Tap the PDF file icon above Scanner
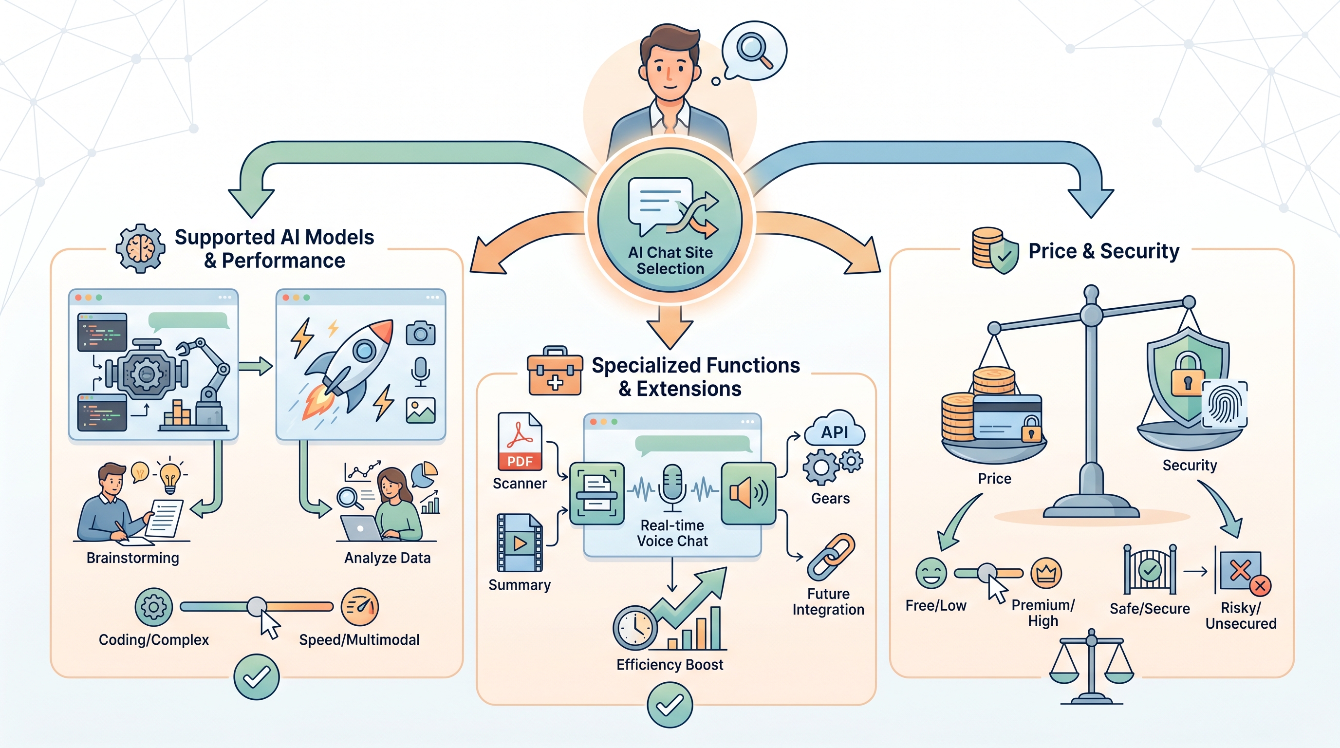(x=520, y=442)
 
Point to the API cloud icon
(x=835, y=428)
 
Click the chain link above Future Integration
(x=831, y=557)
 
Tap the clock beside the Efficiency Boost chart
(x=635, y=628)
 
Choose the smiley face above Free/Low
(x=931, y=573)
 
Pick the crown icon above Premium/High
(x=1045, y=573)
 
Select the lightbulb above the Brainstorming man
(x=170, y=475)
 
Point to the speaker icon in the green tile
(x=748, y=493)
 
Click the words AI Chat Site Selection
(x=670, y=261)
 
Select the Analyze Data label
(x=387, y=558)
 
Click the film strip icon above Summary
(x=520, y=542)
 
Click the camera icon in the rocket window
(x=420, y=333)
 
